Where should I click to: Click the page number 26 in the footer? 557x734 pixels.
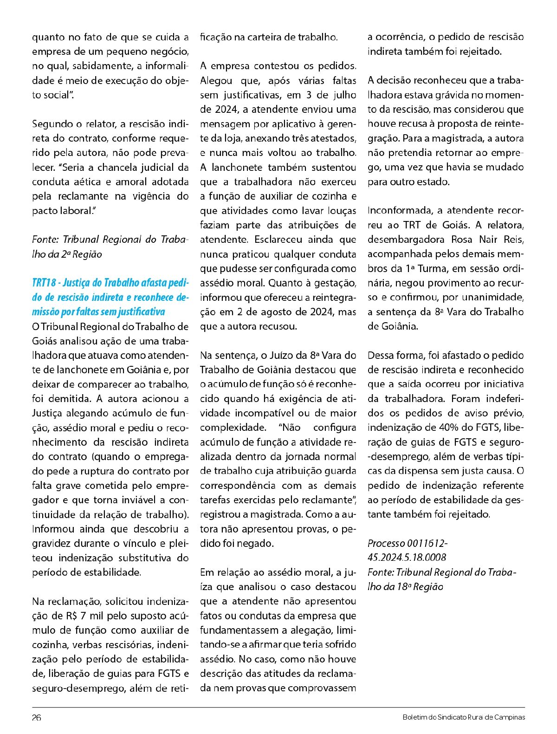click(37, 717)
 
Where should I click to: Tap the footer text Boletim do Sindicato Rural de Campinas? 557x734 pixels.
click(464, 717)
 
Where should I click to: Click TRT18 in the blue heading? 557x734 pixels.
click(45, 283)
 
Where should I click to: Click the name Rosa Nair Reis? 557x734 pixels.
click(487, 240)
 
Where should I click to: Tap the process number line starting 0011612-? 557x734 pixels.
click(408, 543)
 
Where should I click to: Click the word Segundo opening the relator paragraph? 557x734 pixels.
click(50, 124)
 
